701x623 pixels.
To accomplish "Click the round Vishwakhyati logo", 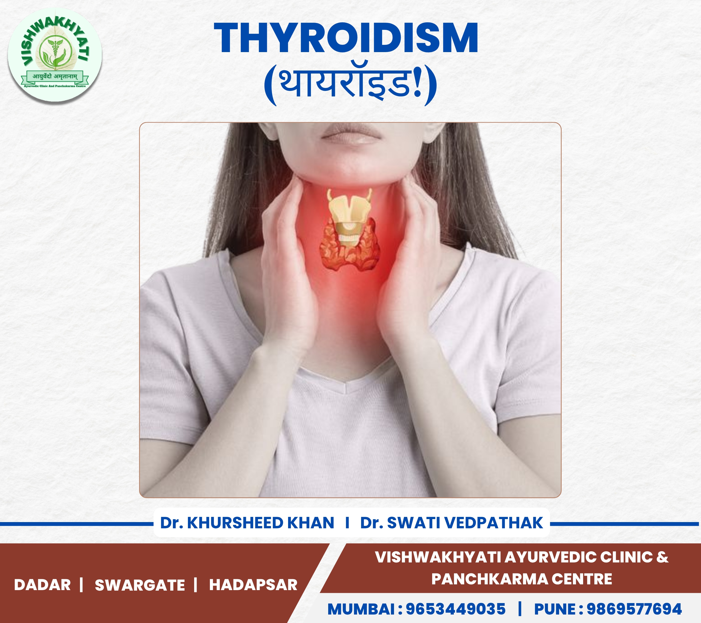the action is pyautogui.click(x=55, y=55).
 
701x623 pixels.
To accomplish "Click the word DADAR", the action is pyautogui.click(x=43, y=585).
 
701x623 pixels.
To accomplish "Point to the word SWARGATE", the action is pyautogui.click(x=140, y=585).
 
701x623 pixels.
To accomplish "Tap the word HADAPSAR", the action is pyautogui.click(x=253, y=585).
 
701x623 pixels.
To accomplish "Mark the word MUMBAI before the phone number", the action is pyautogui.click(x=362, y=609).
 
